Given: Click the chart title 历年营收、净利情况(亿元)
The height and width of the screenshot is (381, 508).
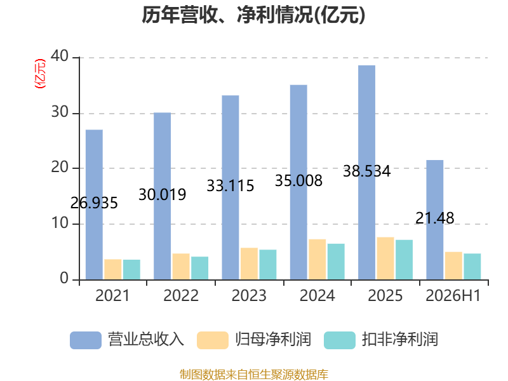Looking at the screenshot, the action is tap(253, 15).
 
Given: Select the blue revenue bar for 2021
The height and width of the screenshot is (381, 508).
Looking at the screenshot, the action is tap(94, 204).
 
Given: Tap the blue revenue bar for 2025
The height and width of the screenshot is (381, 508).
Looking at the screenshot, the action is tap(367, 172).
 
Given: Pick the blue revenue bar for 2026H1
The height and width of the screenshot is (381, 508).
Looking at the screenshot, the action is tap(435, 220).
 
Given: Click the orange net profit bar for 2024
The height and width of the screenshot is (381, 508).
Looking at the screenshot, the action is tap(317, 259).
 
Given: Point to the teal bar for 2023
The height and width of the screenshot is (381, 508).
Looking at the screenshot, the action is tap(268, 264).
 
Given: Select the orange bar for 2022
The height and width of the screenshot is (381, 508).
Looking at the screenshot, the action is tap(181, 266).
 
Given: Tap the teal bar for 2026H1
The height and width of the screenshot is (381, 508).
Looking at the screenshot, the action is tap(472, 266).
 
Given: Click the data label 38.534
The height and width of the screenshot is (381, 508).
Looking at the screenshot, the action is tap(367, 171).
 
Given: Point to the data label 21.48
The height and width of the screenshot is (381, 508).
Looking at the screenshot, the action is tap(435, 218).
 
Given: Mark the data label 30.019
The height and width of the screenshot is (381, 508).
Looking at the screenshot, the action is tap(163, 195).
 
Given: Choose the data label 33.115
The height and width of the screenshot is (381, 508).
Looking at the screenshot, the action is tap(231, 185).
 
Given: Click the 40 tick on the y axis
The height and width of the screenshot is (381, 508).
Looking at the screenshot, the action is tap(60, 57).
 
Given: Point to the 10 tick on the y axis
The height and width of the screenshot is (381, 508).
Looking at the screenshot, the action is tap(60, 223).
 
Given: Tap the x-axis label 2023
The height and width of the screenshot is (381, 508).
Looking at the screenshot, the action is tap(249, 295).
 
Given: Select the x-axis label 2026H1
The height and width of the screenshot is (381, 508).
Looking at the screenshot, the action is tap(453, 295).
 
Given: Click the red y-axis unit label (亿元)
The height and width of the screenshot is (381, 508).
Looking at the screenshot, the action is tap(40, 74).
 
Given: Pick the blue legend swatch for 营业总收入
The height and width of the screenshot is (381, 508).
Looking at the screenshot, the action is tap(86, 340).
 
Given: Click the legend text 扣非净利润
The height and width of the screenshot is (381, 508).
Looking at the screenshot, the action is tap(400, 340).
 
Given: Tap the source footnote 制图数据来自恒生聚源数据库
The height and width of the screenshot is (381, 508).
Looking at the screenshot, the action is tap(254, 375).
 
